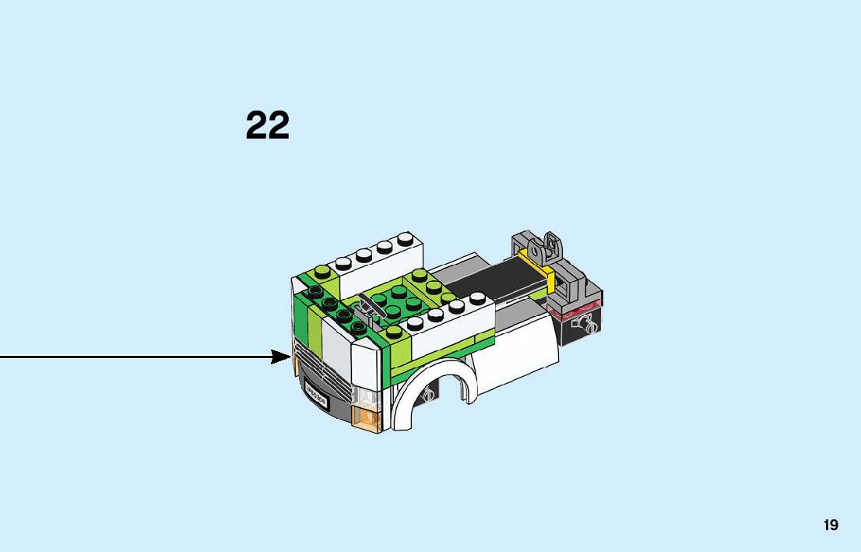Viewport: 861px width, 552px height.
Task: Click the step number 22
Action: [x=268, y=125]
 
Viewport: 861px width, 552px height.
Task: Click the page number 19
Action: [x=831, y=526]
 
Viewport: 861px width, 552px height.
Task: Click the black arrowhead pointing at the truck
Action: [x=281, y=357]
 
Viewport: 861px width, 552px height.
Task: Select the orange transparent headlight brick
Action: [x=366, y=417]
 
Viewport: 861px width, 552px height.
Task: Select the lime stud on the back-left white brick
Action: [x=321, y=272]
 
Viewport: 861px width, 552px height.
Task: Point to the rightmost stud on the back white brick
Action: [x=405, y=238]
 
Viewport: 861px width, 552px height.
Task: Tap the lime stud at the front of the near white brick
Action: [x=396, y=331]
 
